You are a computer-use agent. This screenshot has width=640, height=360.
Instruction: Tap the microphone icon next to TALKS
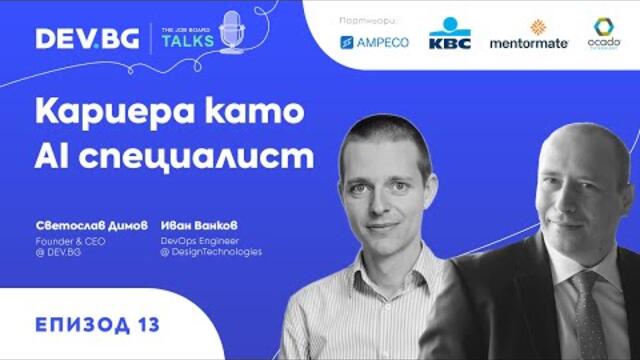(231, 34)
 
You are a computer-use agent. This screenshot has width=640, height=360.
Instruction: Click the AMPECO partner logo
(374, 42)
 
